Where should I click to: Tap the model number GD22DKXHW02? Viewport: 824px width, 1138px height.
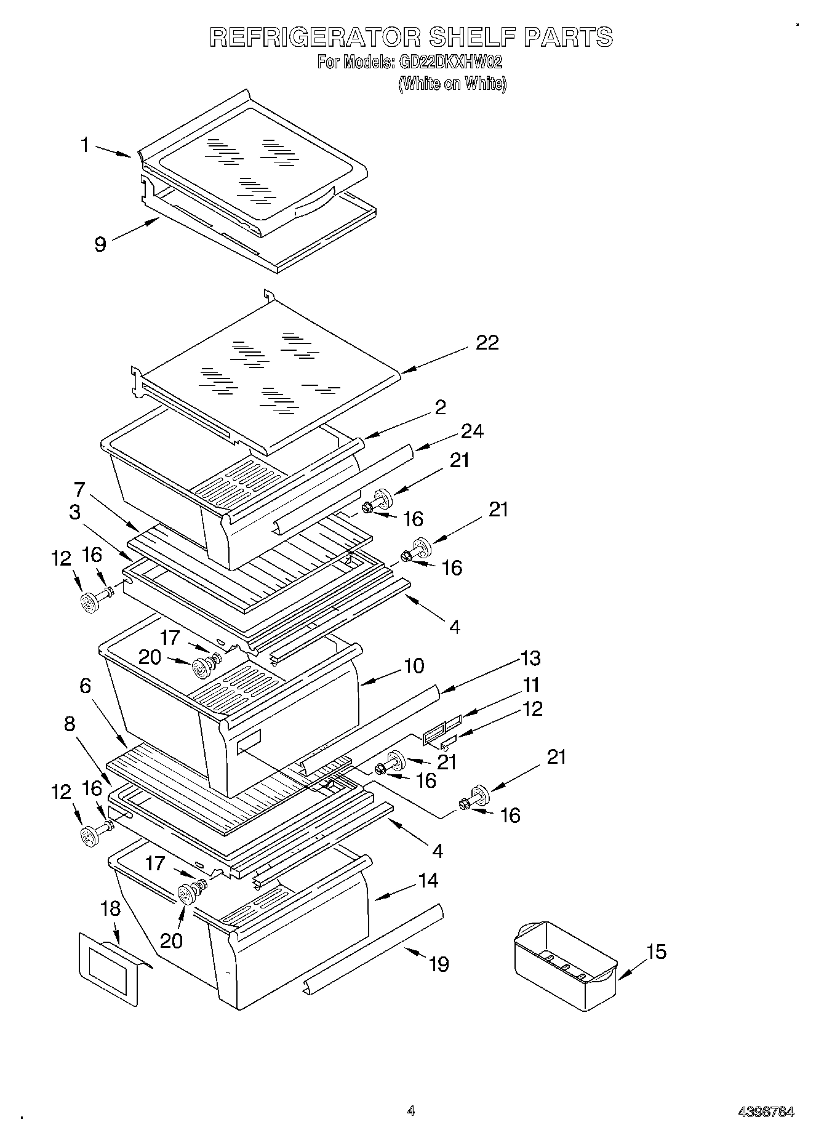(x=450, y=62)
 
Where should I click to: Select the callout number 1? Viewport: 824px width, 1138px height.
(x=85, y=145)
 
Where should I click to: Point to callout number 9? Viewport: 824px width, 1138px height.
(x=100, y=244)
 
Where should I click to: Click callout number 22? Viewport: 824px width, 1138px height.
(x=487, y=343)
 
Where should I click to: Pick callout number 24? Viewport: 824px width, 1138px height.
(x=472, y=431)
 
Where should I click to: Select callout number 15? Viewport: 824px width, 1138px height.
(x=657, y=952)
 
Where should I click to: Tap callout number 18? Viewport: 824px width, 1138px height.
(x=111, y=909)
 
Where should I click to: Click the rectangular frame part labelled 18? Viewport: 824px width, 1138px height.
(x=109, y=967)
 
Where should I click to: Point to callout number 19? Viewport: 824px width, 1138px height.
(x=439, y=964)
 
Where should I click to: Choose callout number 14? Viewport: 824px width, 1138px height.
(x=428, y=881)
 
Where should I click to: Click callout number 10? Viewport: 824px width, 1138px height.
(x=414, y=666)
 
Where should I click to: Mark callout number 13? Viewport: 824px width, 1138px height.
(x=530, y=658)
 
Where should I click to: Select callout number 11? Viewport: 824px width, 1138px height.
(x=530, y=684)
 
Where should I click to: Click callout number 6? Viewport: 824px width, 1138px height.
(x=85, y=686)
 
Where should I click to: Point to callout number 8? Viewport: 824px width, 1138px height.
(x=69, y=724)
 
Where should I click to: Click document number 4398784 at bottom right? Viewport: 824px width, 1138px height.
(x=766, y=1112)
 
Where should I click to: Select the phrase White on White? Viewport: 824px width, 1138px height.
(x=452, y=84)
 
